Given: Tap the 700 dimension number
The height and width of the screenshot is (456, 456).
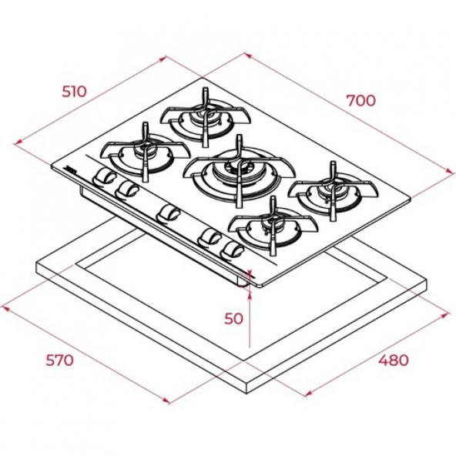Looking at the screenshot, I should (360, 100).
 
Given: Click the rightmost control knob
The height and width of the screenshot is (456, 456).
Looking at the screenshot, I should (229, 250).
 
